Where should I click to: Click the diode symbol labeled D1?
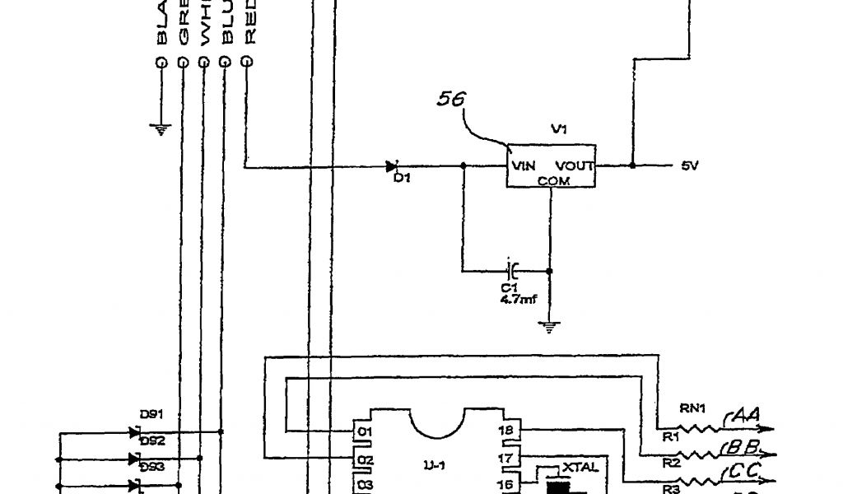(x=393, y=167)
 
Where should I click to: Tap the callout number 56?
(x=451, y=99)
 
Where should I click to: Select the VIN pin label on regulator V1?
(x=524, y=165)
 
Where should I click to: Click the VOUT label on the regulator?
(x=575, y=165)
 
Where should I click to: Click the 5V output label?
(x=689, y=165)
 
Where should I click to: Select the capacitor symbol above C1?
(x=511, y=269)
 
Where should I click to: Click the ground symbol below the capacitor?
(x=550, y=327)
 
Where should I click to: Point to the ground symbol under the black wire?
(x=161, y=128)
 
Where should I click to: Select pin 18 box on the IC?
(x=508, y=430)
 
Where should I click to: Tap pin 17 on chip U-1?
(x=508, y=458)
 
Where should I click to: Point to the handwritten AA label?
(x=745, y=420)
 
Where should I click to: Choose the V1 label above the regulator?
(x=558, y=129)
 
